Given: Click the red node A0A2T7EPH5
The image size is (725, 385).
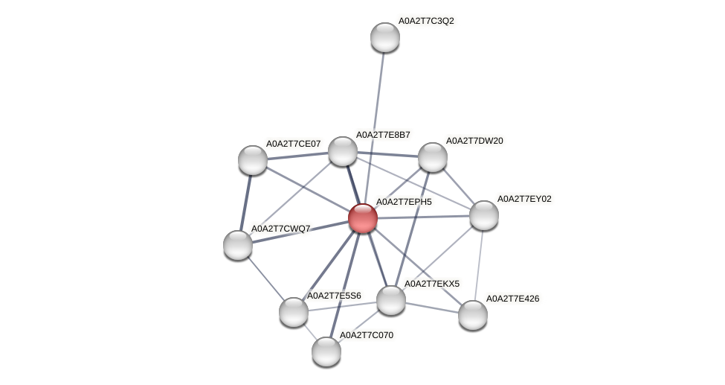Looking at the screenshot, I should click(363, 218).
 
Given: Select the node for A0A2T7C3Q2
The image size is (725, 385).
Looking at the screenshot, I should click(385, 37).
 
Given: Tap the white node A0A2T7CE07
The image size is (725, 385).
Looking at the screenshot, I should click(253, 160).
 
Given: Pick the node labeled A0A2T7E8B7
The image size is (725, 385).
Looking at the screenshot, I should click(343, 151).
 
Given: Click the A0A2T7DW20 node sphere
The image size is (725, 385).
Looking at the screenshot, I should click(433, 157).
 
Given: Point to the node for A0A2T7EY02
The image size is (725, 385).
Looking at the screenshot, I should click(484, 215).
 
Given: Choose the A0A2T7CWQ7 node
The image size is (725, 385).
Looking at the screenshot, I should click(238, 245).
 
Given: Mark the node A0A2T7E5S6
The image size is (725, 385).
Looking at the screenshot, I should click(294, 312).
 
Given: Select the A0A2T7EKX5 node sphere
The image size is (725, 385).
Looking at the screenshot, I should click(391, 300).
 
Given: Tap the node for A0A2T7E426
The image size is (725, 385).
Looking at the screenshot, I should click(473, 315).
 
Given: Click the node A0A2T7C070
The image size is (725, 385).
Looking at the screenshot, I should click(326, 351).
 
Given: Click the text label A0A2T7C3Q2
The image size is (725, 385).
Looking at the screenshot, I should click(426, 21).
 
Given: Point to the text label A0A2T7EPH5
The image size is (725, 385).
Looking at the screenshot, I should click(404, 202).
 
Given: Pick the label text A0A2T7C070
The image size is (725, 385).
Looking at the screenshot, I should click(367, 335).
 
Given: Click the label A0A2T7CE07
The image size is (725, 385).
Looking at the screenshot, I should click(294, 144).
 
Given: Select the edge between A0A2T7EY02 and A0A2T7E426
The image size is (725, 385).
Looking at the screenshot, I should click(479, 264).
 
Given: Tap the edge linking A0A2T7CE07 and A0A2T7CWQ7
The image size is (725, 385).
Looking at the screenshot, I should click(245, 203).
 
